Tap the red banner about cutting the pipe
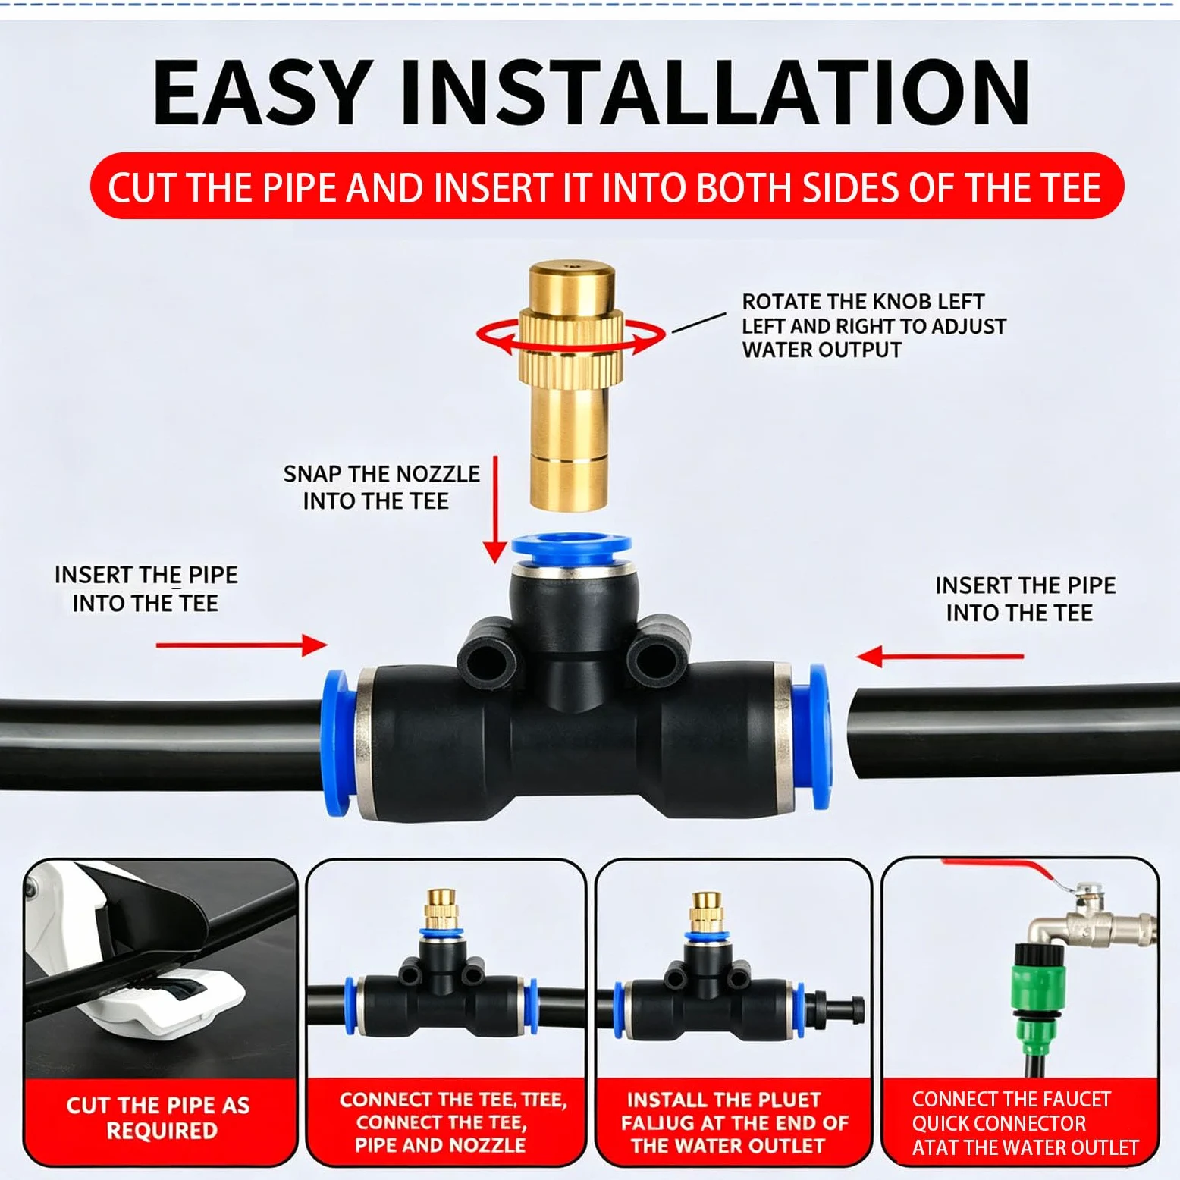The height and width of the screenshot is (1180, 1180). coord(606,187)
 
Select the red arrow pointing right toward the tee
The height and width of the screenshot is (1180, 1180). coord(242,645)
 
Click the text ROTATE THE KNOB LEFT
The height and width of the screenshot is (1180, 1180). coord(863,302)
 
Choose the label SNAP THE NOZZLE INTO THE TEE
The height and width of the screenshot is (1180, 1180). coord(381,487)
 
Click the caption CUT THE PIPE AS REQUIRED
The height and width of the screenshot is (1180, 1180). coord(159,1117)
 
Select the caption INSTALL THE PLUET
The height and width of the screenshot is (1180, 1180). coord(723,1100)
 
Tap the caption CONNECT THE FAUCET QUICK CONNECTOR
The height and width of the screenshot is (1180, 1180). coord(1011,1111)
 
